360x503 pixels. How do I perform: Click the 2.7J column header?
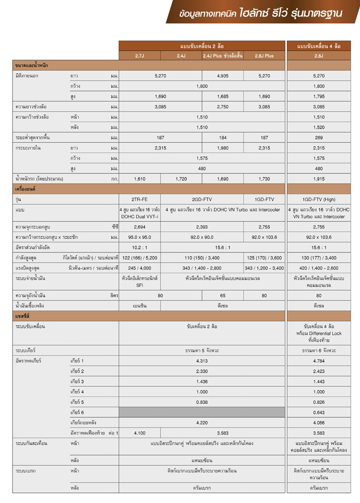point(139,56)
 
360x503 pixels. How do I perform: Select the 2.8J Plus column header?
point(264,56)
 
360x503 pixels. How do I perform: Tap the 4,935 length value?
point(222,75)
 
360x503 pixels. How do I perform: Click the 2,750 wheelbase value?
point(222,107)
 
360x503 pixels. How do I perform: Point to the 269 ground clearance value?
point(318,137)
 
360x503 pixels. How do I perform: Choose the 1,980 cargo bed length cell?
point(222,148)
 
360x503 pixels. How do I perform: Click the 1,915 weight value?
point(318,179)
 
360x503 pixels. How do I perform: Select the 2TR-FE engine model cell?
point(139,199)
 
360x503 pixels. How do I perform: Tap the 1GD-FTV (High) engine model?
point(318,199)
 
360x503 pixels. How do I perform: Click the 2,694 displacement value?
point(139,227)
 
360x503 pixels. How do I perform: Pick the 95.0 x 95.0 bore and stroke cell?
point(139,237)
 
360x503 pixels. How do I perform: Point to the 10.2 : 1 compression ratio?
point(139,247)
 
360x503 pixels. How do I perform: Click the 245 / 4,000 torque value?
point(139,268)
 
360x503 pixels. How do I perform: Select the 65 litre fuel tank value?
point(222,295)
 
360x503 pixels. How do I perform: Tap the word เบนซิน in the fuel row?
point(139,305)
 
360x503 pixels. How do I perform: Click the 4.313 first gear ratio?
point(202,361)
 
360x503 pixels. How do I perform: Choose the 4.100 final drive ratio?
point(139,433)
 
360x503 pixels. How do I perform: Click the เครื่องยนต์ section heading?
point(25,189)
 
